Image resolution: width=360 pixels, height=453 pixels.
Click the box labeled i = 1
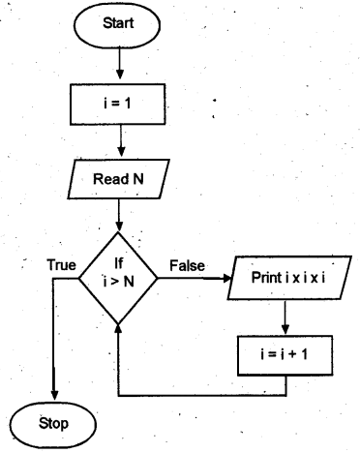pos(119,100)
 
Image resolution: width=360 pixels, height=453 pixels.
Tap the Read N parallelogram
pos(119,179)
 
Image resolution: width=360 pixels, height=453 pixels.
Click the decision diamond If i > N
pos(118,276)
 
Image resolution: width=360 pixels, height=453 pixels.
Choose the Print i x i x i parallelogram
pos(287,277)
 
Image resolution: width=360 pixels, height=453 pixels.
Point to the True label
pos(63,264)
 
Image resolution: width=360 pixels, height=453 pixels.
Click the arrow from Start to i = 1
pos(119,62)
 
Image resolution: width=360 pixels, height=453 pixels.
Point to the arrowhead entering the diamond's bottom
pos(118,330)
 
